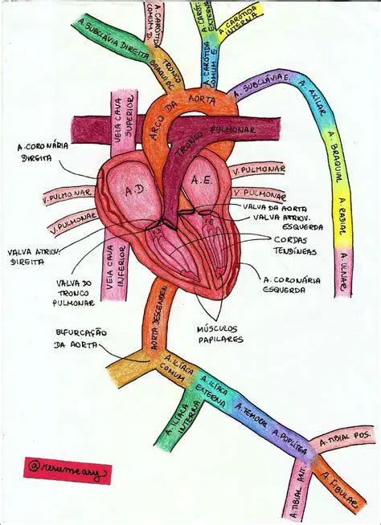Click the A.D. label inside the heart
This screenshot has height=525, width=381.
pos(133,191)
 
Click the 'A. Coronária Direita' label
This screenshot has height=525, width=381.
pos(45,153)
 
